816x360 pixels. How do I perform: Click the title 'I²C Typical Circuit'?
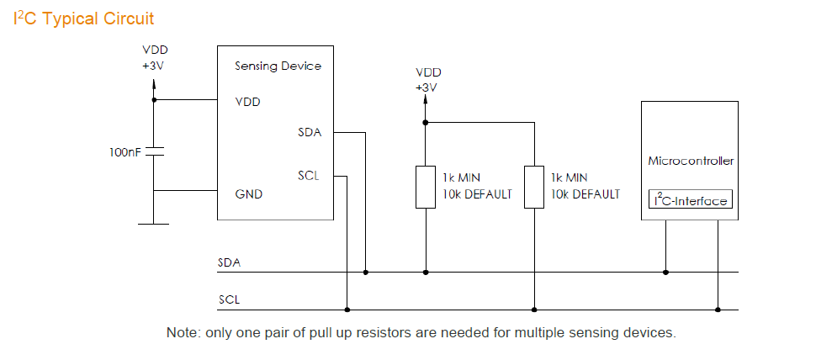(84, 18)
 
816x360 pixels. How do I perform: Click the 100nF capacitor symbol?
(154, 152)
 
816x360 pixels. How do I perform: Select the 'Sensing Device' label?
(278, 66)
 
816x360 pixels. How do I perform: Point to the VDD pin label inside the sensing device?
(247, 103)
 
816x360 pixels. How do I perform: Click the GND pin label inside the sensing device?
(248, 193)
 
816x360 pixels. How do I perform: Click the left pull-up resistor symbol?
(426, 186)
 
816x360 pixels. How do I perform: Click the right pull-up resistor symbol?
(534, 186)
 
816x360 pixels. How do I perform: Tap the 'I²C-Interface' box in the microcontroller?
(690, 201)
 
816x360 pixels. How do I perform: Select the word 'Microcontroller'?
(690, 160)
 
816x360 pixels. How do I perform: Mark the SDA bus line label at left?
(229, 263)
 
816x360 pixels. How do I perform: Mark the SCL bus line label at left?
(229, 299)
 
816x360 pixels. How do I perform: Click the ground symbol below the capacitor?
(154, 223)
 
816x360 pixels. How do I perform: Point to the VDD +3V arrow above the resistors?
(426, 102)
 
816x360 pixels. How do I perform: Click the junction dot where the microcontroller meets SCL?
(718, 309)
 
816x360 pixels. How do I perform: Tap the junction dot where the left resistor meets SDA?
(426, 273)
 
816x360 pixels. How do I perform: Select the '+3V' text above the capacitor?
(154, 64)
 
